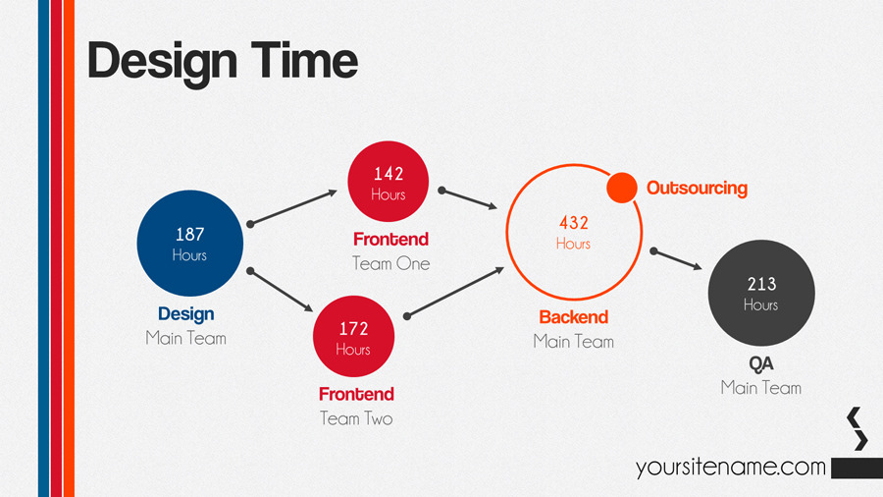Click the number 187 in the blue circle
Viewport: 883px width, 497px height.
(189, 235)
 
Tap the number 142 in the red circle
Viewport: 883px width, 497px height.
(389, 174)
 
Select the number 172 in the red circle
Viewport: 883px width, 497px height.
(353, 328)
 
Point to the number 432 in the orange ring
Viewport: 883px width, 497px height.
(573, 223)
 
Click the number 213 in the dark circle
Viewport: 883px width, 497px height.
(761, 284)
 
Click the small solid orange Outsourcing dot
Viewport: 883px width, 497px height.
(622, 187)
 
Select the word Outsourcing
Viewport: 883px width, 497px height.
(697, 188)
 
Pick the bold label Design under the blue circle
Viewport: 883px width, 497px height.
(185, 314)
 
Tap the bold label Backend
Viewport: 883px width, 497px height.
(574, 317)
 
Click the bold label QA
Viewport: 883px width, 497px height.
(761, 363)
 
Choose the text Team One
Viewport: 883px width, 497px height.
(391, 263)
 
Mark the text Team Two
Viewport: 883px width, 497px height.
(356, 418)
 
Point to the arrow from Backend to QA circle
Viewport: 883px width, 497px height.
(677, 258)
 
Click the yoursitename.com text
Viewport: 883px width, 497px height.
(730, 468)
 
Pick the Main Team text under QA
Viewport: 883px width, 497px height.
(761, 388)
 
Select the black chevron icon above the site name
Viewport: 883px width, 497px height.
(857, 429)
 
